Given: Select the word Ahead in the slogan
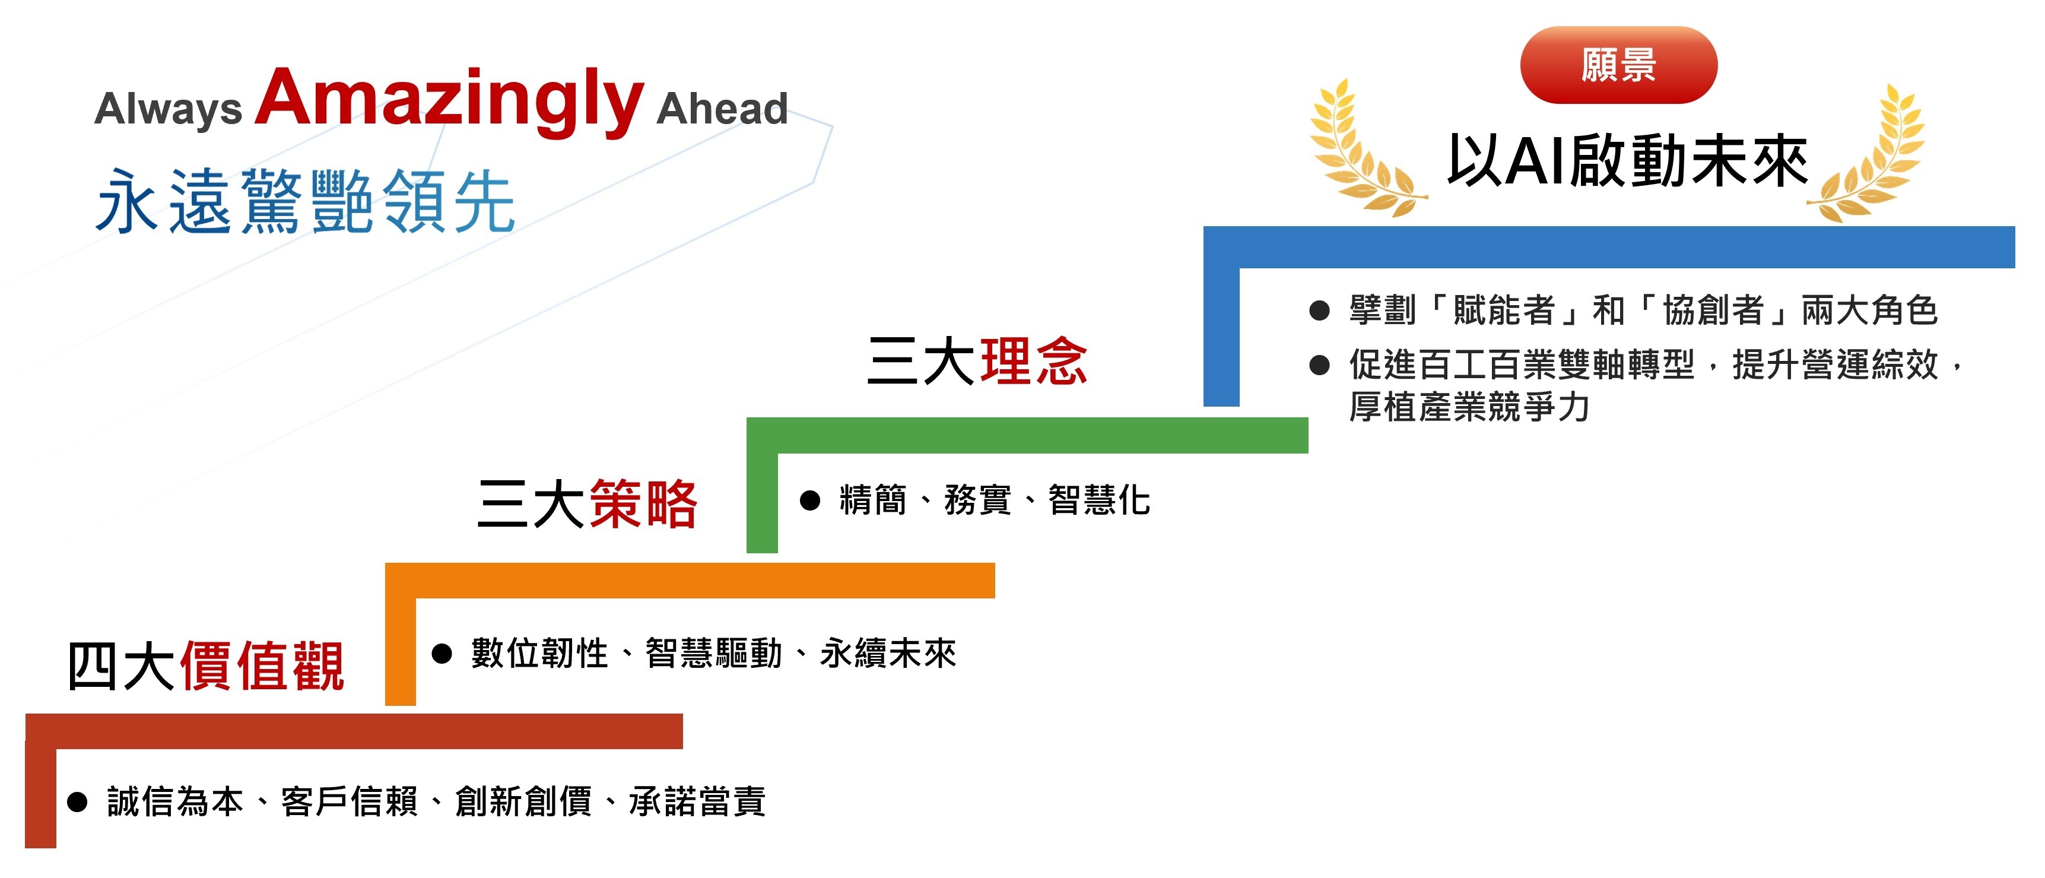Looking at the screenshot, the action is click(722, 108).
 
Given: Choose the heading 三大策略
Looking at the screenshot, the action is click(588, 504).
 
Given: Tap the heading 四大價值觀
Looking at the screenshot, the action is click(205, 665).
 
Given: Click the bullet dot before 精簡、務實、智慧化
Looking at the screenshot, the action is click(809, 501).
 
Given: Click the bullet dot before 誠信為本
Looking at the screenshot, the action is click(77, 802).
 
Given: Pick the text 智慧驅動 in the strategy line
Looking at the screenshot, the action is click(714, 654).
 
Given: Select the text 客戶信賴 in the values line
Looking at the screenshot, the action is click(350, 802).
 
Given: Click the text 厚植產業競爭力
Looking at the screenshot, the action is click(1469, 407).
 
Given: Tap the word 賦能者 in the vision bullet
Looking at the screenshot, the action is click(1504, 310).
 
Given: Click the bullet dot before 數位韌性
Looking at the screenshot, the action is click(442, 654).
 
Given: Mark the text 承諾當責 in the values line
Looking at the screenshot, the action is click(697, 802).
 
